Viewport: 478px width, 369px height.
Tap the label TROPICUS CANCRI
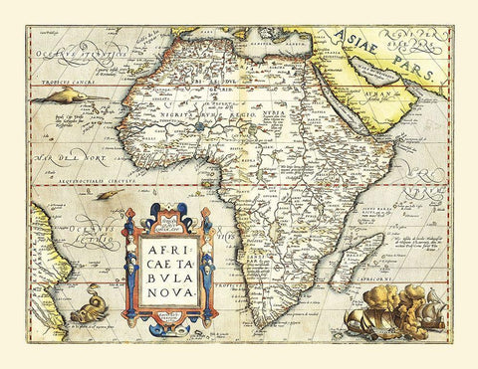pyautogui.click(x=57, y=77)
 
